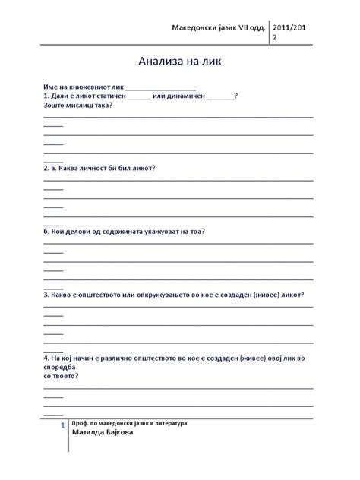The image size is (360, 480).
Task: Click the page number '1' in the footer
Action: point(62,429)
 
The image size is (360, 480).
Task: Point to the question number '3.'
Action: point(46,293)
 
